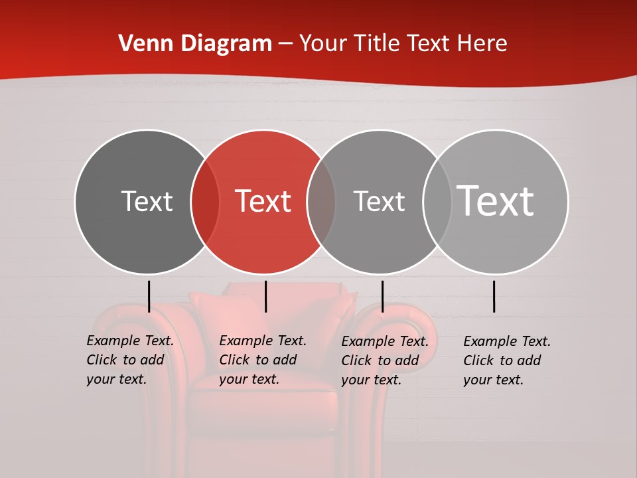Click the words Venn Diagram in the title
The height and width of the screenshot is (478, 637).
(x=195, y=44)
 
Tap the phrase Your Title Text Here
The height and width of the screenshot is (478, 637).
(x=403, y=44)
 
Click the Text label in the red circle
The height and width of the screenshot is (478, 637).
(x=263, y=201)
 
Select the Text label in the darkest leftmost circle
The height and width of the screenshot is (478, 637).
(x=147, y=201)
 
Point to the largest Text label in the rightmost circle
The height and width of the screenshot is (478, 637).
(x=495, y=200)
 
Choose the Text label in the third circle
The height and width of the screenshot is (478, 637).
(x=379, y=201)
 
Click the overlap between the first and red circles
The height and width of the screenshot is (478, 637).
(x=205, y=202)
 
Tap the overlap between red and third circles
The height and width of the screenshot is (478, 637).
(x=321, y=202)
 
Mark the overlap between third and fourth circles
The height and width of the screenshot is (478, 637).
(x=437, y=202)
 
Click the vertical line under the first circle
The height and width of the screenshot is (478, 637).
(x=149, y=296)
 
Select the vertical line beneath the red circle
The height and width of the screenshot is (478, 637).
(x=265, y=296)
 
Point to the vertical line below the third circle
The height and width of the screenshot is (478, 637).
(x=382, y=296)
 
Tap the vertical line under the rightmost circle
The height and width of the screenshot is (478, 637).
(x=494, y=296)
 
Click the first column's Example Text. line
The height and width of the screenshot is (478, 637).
(x=130, y=341)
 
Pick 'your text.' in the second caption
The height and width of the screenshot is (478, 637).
(x=249, y=379)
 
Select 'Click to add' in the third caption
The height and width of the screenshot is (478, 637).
(x=380, y=360)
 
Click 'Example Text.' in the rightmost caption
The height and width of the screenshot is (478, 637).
(x=507, y=341)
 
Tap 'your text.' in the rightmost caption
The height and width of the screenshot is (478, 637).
(x=493, y=380)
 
